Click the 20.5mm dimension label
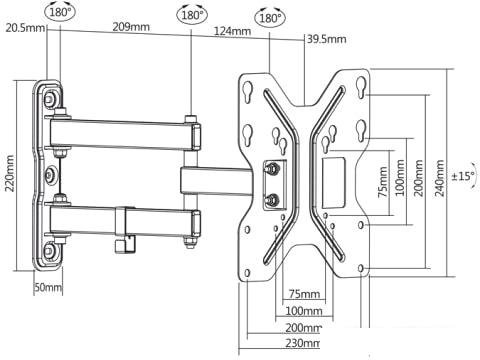tap(25, 28)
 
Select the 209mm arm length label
tap(131, 27)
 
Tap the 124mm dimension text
tap(232, 31)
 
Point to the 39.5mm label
tap(327, 39)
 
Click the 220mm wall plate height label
tap(10, 173)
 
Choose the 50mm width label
tap(48, 287)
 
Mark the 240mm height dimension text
tap(440, 178)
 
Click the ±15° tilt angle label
tap(463, 176)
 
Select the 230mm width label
tap(303, 343)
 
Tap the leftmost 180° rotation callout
tap(60, 12)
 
